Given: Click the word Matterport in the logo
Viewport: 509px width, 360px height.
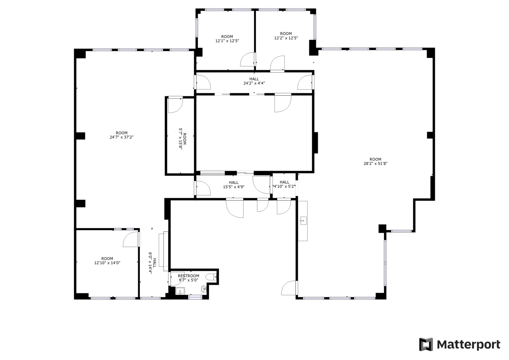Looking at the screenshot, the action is coord(468,345).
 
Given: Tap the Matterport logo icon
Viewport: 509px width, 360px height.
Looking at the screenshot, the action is coord(426,344).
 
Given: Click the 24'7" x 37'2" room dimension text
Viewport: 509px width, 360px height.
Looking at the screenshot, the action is coord(121,137).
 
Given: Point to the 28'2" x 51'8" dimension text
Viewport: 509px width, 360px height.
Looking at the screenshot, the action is coord(376,163).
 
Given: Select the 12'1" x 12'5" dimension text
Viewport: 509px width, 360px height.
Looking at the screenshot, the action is coord(227,41).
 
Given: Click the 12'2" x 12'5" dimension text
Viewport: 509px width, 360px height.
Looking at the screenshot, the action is coord(286,38).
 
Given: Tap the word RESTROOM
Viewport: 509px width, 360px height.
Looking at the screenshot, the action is coord(188,276).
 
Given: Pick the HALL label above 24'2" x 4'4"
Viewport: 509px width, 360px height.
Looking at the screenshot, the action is coord(254,79).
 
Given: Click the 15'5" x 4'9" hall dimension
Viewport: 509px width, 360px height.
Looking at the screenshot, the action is coord(234,187).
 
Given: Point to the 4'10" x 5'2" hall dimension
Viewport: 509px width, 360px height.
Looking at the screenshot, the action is coord(284,186).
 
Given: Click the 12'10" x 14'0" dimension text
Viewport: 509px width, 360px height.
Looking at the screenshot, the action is coord(107,263).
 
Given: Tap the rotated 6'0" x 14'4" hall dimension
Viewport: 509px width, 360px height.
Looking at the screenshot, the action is coord(150,263).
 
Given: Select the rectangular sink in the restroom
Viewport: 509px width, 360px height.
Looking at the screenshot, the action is coord(180,291).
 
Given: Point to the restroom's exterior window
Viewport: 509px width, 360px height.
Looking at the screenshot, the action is coord(195,297).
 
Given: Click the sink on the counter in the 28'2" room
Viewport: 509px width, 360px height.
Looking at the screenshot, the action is coord(303,221).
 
